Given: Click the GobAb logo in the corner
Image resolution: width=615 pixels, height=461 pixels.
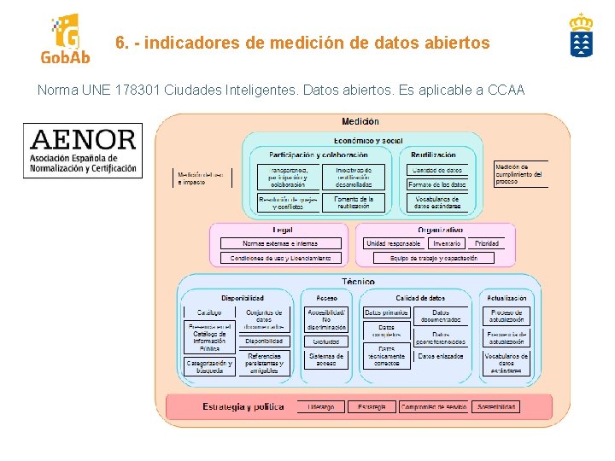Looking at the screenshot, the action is [x=65, y=39].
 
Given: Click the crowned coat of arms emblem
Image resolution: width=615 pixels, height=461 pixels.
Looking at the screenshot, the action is [x=581, y=36].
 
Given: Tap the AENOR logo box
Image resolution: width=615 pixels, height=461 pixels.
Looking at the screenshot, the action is [x=83, y=151].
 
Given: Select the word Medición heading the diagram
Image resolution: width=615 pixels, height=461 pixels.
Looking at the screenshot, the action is [x=360, y=122].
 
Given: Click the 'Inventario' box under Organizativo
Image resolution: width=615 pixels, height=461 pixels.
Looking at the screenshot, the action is [x=447, y=243].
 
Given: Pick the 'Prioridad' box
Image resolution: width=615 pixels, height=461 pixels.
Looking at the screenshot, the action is [x=487, y=243].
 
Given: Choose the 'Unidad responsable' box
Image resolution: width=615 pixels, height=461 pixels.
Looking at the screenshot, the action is [x=394, y=243].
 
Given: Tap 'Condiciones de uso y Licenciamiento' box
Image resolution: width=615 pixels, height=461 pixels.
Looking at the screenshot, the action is [x=281, y=258].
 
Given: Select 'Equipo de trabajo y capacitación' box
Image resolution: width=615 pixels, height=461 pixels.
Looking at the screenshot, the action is [x=434, y=258].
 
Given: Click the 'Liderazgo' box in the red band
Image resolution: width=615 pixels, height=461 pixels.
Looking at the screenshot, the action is [x=321, y=407].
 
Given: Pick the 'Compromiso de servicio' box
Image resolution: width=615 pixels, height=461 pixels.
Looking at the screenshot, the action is [x=434, y=407].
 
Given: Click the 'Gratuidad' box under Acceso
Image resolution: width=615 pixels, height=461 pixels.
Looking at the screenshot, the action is [x=327, y=341].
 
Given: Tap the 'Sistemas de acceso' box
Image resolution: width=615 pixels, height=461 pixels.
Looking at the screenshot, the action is [x=327, y=360].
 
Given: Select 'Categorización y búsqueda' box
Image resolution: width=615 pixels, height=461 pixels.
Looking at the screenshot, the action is [x=209, y=367].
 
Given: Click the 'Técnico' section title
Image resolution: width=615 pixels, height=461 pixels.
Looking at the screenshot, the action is [x=359, y=281].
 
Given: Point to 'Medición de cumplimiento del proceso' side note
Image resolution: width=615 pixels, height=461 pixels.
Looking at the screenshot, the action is [x=519, y=174].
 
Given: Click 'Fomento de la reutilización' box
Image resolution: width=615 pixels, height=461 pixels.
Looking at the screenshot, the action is [x=354, y=203].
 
